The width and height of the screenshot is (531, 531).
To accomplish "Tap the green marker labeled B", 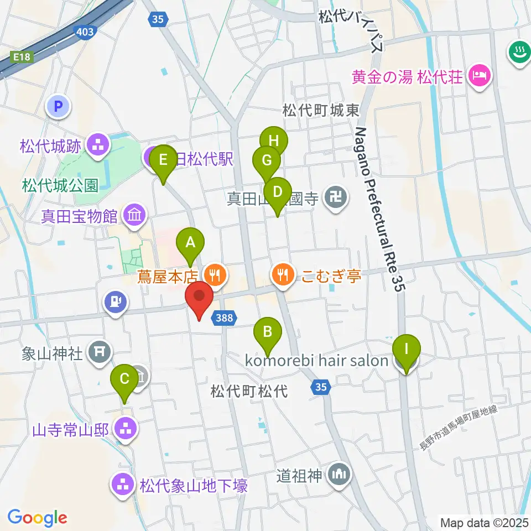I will coord(268,332).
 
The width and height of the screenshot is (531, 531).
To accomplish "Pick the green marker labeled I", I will coord(407,350).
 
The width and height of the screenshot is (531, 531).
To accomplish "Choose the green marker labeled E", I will coord(163,160).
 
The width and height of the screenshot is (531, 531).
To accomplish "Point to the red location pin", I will coord(199,299).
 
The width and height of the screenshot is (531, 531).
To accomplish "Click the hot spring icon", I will coord(519,53).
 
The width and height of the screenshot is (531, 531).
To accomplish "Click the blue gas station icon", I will coord(115,302).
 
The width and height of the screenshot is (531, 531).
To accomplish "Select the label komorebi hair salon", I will coord(317,361).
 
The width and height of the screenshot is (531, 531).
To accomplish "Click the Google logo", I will coord(38,517).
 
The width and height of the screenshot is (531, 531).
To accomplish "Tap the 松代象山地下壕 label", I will coord(193,486).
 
